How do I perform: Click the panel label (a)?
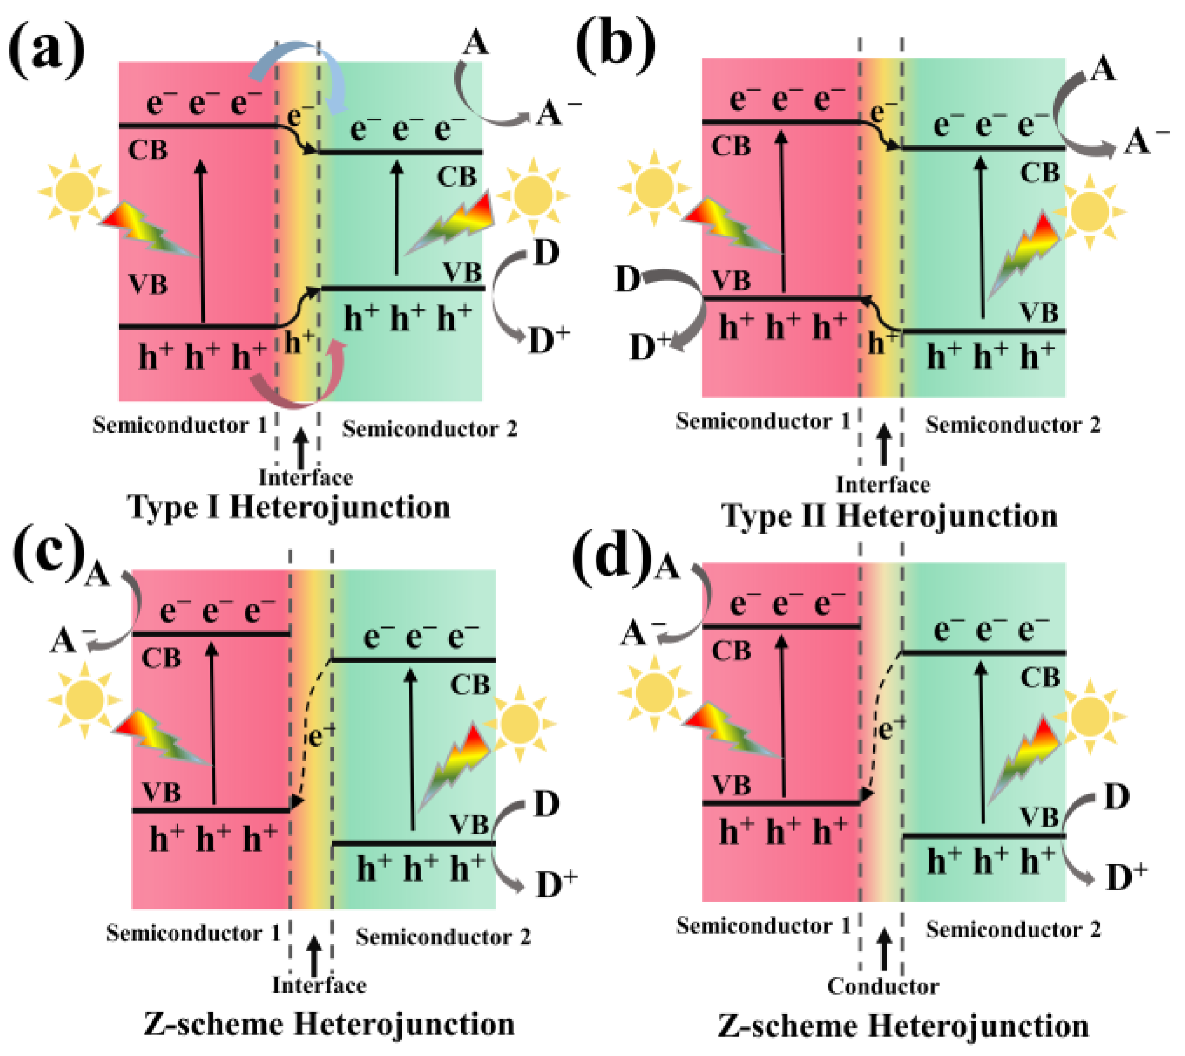click(46, 51)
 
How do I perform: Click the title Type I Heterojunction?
click(289, 507)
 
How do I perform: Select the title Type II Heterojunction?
click(889, 516)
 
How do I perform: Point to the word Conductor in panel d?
click(883, 986)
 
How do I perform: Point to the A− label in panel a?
click(555, 112)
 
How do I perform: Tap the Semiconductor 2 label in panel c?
click(443, 937)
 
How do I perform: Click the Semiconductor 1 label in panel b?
click(762, 421)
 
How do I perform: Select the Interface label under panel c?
click(319, 985)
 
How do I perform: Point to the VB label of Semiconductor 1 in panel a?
click(148, 285)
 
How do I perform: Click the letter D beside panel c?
click(546, 804)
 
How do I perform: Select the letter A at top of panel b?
click(1103, 69)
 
